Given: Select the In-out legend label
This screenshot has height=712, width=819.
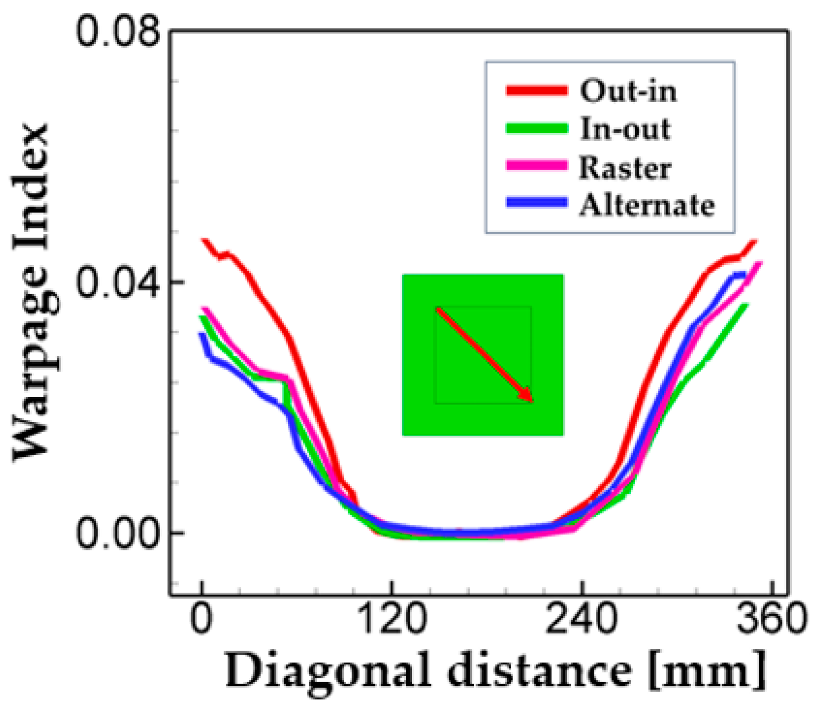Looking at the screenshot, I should point(625,129).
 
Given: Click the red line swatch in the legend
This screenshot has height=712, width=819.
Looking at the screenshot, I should point(537,90).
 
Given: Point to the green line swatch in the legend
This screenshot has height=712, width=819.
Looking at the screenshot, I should point(537,128).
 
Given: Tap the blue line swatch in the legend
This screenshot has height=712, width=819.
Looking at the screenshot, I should point(537,203).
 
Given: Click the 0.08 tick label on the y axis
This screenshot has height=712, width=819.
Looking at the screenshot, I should point(118,30).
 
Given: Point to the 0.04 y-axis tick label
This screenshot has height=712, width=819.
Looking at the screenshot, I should point(118,282).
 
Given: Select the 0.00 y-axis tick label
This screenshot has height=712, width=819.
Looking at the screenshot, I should point(118,533).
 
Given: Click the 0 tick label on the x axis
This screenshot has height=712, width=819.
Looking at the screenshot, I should point(202,619).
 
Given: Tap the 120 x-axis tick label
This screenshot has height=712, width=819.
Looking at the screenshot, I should point(393,619).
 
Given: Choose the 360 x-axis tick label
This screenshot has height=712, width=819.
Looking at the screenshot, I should point(771,619).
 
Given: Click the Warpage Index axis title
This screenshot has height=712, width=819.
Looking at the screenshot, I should point(32,292).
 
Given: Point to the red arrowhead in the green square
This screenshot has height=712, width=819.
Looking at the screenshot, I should point(527,395).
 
